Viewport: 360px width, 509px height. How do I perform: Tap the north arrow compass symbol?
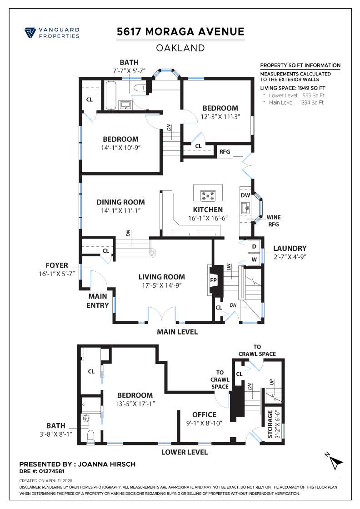(335, 462)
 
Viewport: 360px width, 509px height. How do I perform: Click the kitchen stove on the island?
(208, 196)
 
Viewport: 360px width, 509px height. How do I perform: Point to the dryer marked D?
(254, 246)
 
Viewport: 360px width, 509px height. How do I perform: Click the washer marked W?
(254, 259)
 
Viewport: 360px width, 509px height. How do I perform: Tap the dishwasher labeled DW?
(245, 195)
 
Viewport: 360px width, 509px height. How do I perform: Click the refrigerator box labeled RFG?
(225, 152)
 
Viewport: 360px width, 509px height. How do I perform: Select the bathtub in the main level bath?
(111, 95)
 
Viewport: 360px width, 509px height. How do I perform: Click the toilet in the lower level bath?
(89, 436)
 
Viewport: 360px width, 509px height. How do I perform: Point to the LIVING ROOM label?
(161, 276)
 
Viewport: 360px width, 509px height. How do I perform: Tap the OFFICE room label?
(204, 414)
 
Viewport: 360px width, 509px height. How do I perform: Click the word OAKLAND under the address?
(180, 48)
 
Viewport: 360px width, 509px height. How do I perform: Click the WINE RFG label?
(273, 221)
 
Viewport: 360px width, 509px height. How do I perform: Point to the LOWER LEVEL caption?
(185, 452)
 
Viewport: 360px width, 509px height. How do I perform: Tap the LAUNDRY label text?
(290, 249)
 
